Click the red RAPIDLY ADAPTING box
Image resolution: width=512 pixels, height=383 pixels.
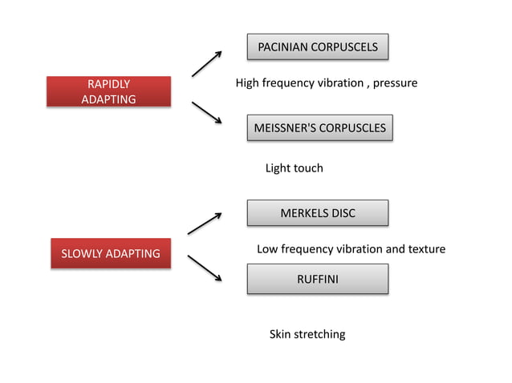pos(108,91)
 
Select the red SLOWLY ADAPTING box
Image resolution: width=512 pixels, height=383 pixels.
pos(111,253)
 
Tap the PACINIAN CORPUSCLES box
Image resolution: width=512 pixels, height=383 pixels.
pos(317,47)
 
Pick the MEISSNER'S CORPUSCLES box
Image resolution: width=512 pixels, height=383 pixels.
pos(319,127)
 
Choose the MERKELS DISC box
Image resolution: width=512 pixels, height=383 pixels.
pos(317,213)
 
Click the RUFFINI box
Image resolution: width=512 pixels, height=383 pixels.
pos(317,279)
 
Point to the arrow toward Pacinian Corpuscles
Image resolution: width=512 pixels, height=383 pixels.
pos(206,64)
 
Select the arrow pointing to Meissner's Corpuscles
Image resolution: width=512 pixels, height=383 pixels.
pos(206,112)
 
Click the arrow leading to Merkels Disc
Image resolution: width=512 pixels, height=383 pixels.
pos(205,224)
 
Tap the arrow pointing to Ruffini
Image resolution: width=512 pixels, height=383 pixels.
pos(205,268)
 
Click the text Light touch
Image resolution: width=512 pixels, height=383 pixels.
pos(294,168)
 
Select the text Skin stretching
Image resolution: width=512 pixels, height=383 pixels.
pos(307,334)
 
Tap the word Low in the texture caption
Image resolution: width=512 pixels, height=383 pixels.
pos(267,249)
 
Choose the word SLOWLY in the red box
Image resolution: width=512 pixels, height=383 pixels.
pos(83,253)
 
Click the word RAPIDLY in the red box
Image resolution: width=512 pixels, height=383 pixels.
pos(108,83)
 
